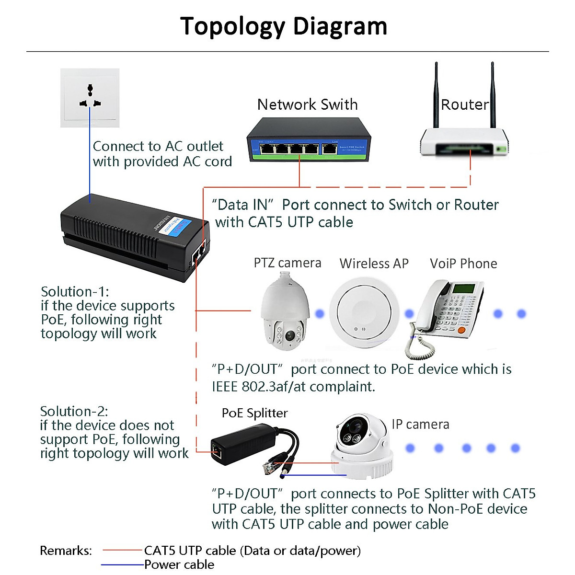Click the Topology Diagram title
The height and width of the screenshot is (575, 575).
click(x=284, y=26)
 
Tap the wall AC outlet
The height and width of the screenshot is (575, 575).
click(x=90, y=98)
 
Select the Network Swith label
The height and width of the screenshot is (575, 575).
click(x=307, y=104)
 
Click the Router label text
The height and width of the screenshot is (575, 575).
click(x=464, y=104)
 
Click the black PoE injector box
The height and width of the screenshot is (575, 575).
click(x=129, y=235)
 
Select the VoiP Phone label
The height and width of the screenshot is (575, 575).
click(x=463, y=264)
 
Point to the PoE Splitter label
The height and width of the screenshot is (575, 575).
click(x=254, y=413)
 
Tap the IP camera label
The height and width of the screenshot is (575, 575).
click(x=420, y=425)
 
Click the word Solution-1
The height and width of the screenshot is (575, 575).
click(x=75, y=292)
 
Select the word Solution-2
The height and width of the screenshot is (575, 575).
click(x=74, y=412)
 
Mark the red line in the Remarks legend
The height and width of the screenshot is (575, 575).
click(x=123, y=551)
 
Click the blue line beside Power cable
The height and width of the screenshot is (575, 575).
click(x=123, y=565)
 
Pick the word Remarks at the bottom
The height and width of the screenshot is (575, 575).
click(x=66, y=551)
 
